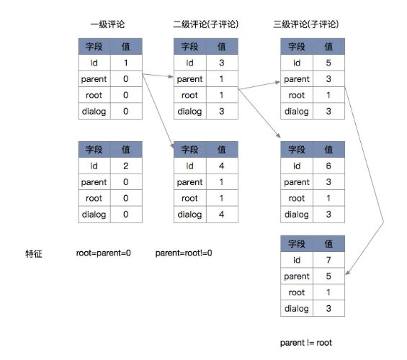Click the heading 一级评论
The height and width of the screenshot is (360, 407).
coord(107,24)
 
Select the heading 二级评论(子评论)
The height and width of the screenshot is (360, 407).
coord(205,24)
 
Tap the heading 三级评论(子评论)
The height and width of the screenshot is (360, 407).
coord(305,24)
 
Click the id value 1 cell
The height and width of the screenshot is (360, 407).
coord(126,63)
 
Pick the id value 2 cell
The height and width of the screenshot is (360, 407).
coord(126,166)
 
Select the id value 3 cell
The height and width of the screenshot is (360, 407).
coord(222,63)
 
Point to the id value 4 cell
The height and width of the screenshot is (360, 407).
coord(222,166)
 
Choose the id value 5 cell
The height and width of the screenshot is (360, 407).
coord(328,63)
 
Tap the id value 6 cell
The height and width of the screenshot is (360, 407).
coord(328,166)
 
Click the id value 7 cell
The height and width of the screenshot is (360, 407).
coord(328,260)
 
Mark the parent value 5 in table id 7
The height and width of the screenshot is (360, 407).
coord(328,276)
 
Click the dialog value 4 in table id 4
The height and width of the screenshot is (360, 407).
coord(222,215)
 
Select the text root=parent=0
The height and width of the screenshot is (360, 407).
coord(103,253)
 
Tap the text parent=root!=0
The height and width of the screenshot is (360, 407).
coord(184,253)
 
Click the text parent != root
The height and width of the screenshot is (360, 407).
coord(305,343)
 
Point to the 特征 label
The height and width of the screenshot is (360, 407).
coord(34,253)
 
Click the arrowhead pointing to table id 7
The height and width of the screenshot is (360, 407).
coord(347,273)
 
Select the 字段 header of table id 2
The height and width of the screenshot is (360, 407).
coord(94,150)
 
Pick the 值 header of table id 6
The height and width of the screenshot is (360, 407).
coord(328,150)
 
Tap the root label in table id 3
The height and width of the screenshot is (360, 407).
coord(189,95)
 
